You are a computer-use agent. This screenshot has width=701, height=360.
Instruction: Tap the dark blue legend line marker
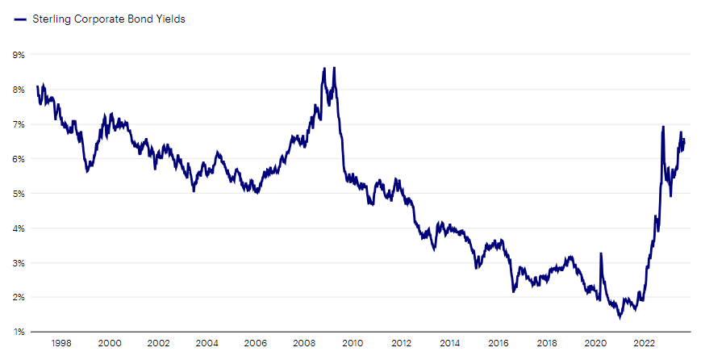click(x=19, y=19)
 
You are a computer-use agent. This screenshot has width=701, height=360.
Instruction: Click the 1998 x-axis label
click(x=62, y=342)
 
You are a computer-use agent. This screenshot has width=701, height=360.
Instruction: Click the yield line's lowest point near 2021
click(x=620, y=317)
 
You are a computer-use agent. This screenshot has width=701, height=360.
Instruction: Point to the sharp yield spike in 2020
click(x=600, y=253)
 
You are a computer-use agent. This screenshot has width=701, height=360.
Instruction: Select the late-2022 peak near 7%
click(x=663, y=127)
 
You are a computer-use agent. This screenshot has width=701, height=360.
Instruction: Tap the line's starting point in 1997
click(x=37, y=86)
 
